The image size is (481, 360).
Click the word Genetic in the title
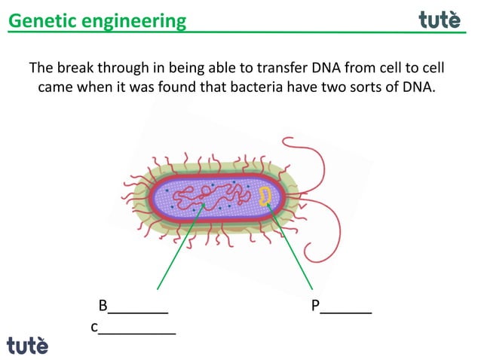(37, 20)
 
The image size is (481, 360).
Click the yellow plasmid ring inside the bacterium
(265, 197)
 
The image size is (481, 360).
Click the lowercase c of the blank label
(94, 328)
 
